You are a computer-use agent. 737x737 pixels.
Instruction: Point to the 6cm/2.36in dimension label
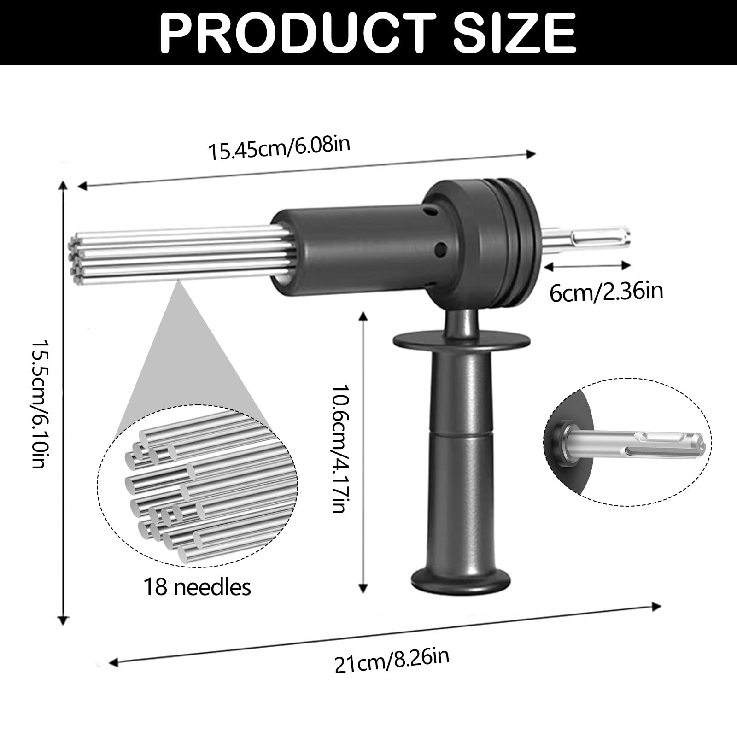tap(606, 292)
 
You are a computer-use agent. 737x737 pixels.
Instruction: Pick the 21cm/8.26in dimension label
tap(392, 661)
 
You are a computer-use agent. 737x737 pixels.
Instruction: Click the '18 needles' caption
tap(198, 587)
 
